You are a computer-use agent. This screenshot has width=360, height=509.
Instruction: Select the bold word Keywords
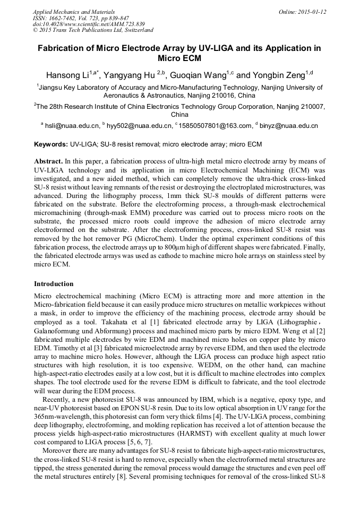50,144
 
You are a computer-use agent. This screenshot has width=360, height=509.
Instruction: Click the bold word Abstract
48,161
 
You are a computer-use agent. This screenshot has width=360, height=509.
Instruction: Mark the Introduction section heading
54,283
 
